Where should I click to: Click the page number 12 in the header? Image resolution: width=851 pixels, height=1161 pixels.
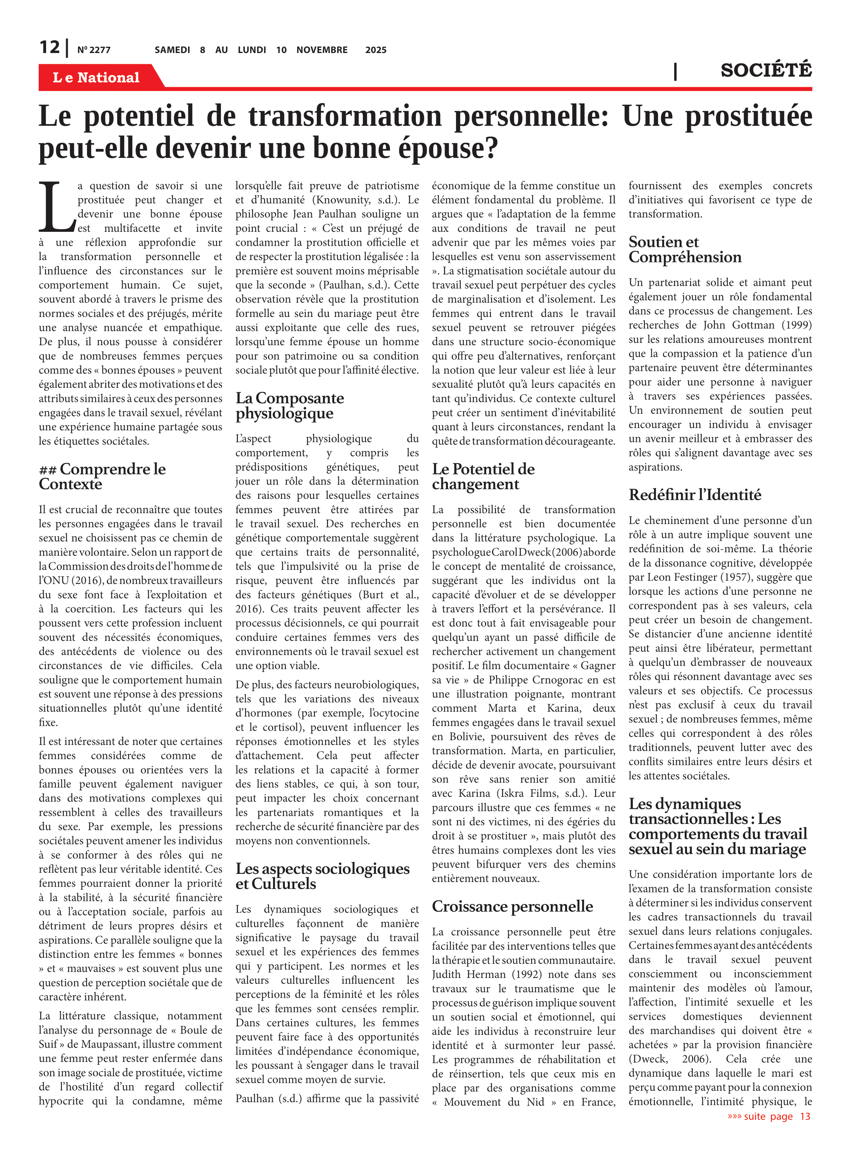click(x=50, y=48)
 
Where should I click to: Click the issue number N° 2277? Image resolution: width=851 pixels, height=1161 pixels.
click(x=94, y=50)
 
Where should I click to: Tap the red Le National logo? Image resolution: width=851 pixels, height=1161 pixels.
click(x=96, y=77)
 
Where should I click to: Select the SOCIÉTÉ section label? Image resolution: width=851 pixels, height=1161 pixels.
click(x=766, y=70)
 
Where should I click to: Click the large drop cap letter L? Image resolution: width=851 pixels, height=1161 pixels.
click(x=56, y=206)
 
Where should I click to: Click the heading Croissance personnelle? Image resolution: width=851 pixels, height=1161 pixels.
click(x=512, y=906)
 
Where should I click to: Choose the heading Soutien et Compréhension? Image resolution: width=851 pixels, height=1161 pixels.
click(x=685, y=249)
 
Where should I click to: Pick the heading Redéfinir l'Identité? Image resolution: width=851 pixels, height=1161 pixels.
click(x=694, y=495)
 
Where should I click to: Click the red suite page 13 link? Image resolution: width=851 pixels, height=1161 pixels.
click(x=769, y=1116)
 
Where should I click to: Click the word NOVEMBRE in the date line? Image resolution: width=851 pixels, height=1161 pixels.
click(x=321, y=50)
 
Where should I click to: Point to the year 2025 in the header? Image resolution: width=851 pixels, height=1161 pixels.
click(x=376, y=50)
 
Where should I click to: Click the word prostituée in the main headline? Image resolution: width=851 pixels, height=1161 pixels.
click(x=748, y=116)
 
